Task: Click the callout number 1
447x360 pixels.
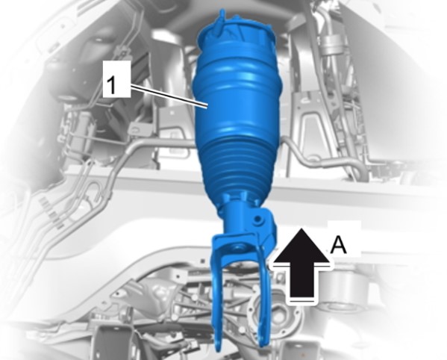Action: [112, 84]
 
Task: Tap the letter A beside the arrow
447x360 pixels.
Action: [338, 245]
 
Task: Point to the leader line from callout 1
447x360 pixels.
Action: [169, 96]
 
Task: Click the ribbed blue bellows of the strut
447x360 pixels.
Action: [237, 166]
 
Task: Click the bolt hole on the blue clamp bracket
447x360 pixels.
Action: [258, 220]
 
